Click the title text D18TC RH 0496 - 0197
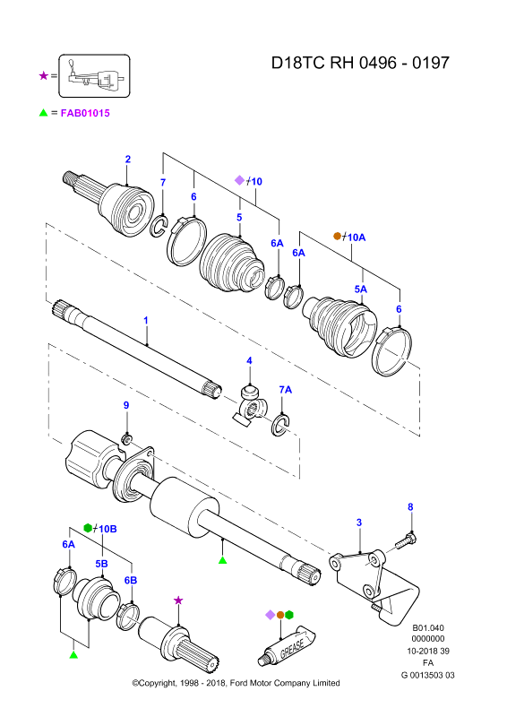point(360,63)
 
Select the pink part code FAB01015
point(85,113)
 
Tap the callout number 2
point(128,160)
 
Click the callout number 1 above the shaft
point(146,320)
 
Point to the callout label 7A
point(285,390)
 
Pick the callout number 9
point(126,405)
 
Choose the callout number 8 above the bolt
point(410,506)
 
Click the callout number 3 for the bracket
point(359,523)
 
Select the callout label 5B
point(101,564)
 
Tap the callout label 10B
point(107,529)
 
